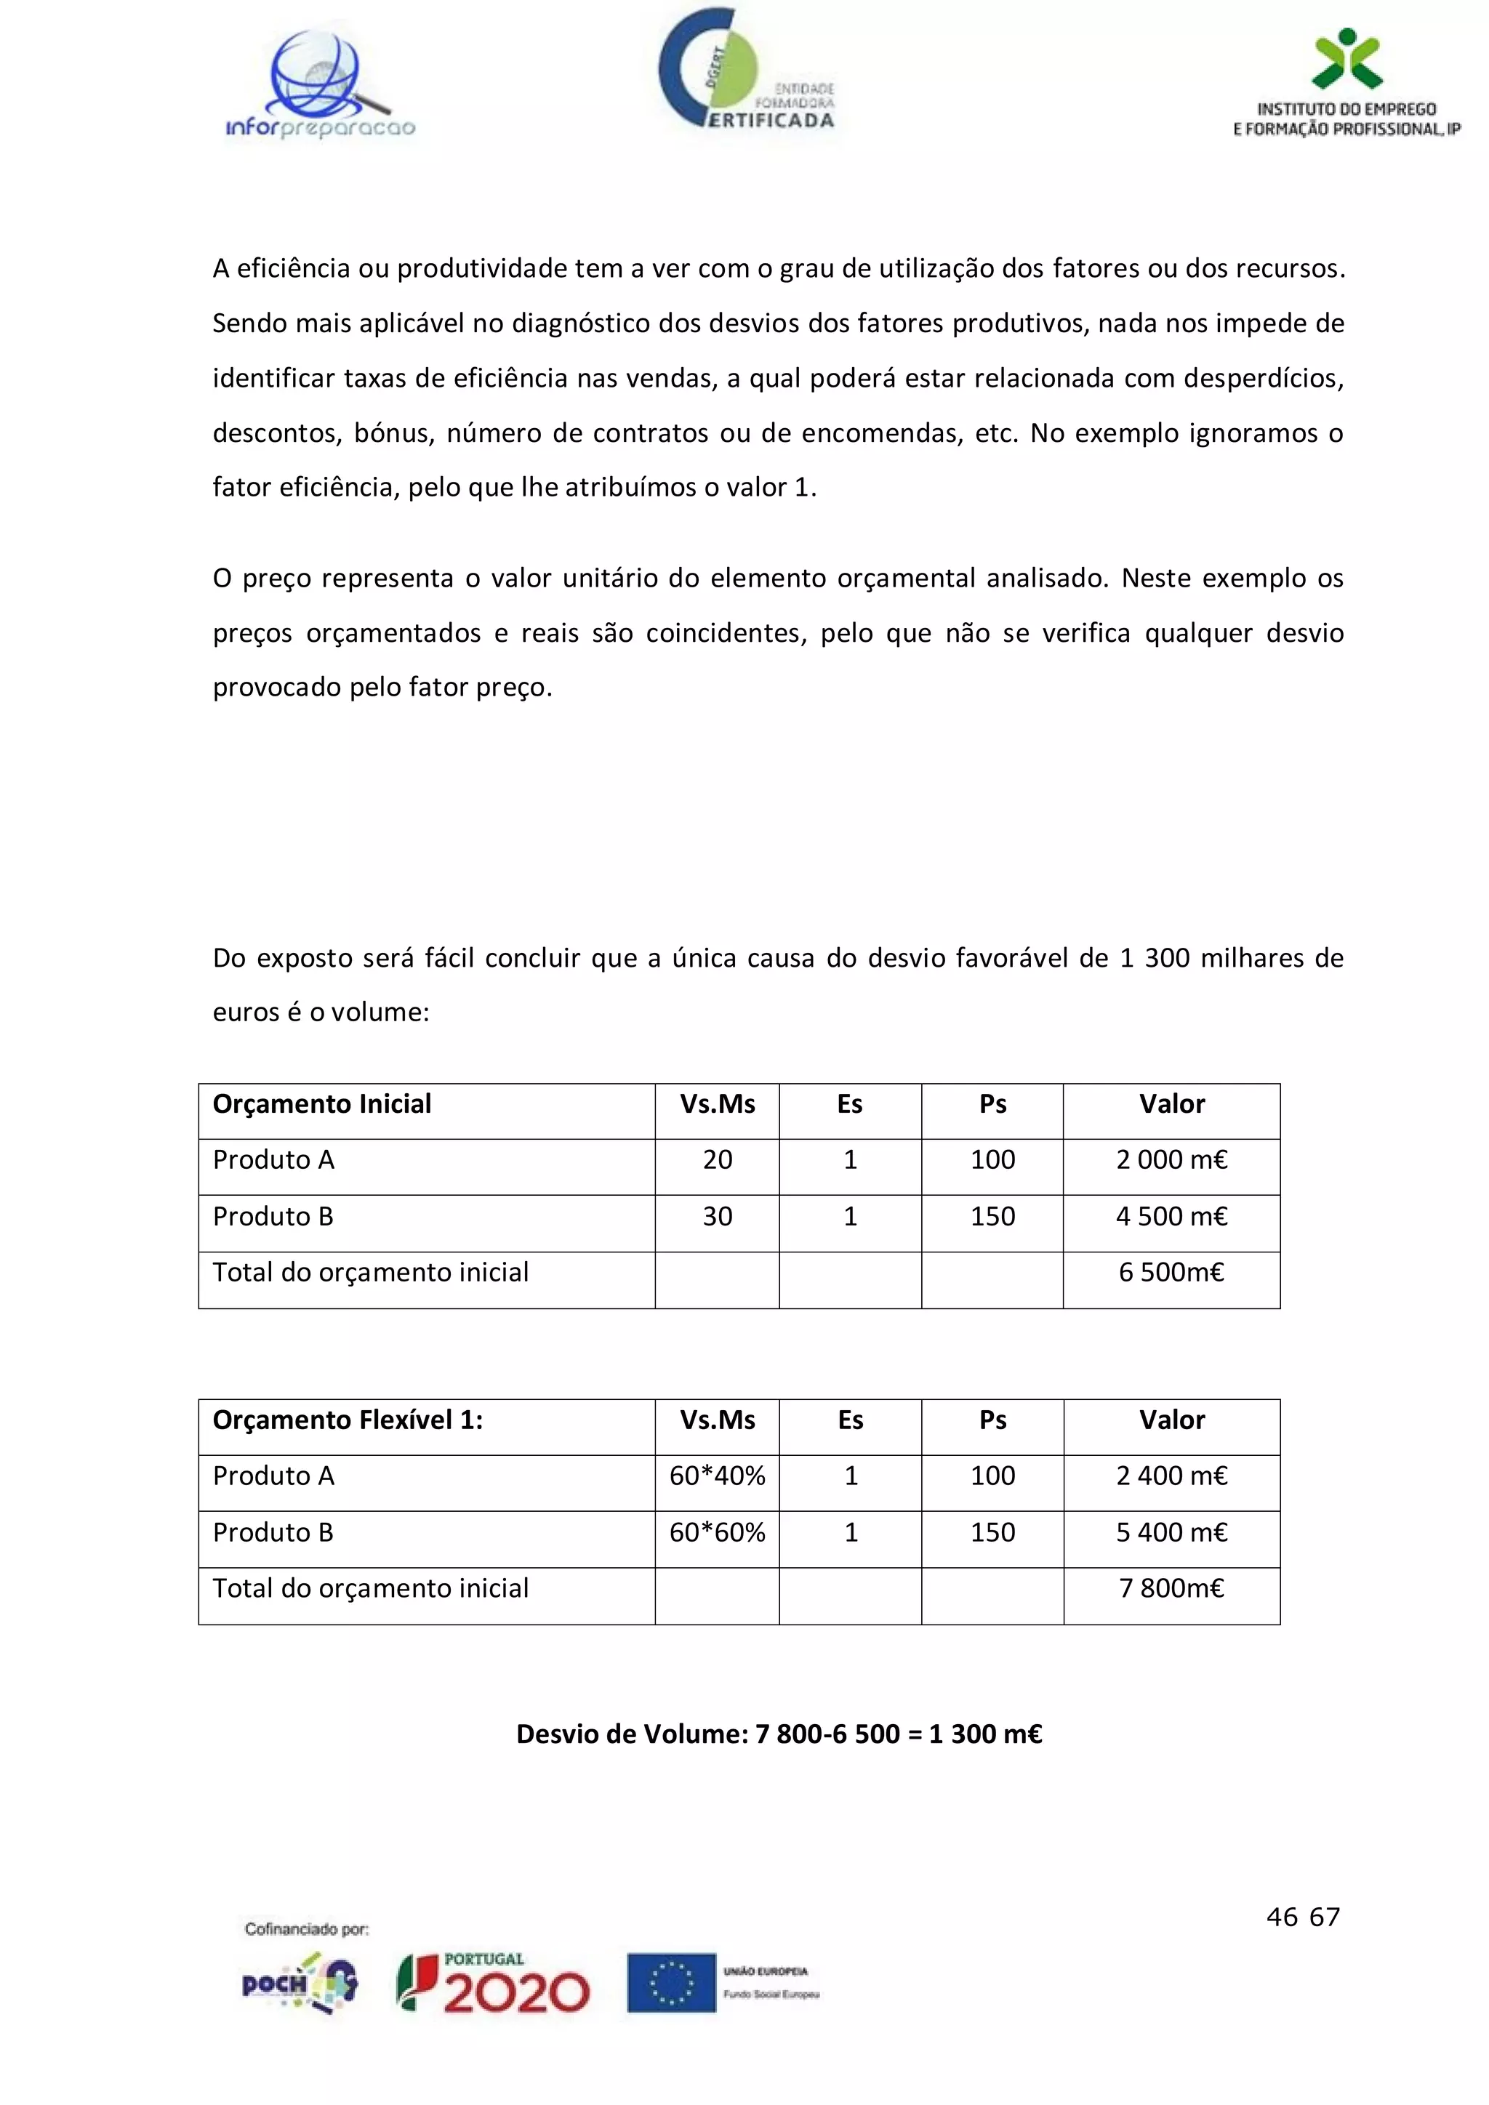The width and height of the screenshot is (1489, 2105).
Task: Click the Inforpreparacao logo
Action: point(320,87)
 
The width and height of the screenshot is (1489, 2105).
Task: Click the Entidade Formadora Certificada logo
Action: point(745,73)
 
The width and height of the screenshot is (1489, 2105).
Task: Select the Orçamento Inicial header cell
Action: point(322,1104)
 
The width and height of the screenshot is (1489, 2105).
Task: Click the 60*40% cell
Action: point(717,1476)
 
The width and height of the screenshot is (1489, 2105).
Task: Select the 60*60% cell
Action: point(717,1533)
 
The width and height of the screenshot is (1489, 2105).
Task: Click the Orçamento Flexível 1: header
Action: point(348,1420)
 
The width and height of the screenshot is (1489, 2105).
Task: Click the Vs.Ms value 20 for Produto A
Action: point(717,1160)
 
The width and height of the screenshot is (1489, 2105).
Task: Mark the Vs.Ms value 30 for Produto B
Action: point(717,1217)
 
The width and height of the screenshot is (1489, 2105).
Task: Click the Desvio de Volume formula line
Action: point(779,1734)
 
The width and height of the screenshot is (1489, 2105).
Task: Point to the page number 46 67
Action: point(1302,1917)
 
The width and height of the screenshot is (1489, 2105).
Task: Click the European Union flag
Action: point(670,1982)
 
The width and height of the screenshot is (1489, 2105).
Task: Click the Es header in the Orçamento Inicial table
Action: point(849,1104)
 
